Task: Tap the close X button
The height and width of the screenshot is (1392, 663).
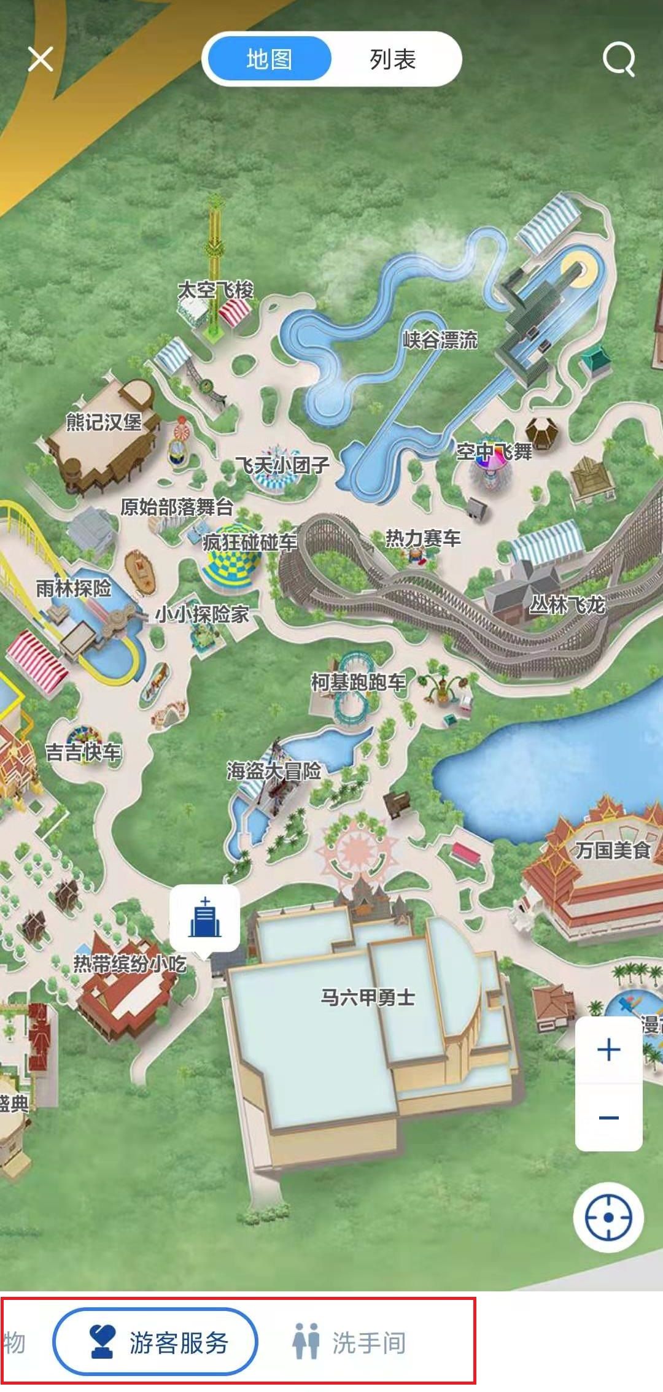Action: point(41,60)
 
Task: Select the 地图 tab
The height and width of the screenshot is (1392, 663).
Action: point(269,60)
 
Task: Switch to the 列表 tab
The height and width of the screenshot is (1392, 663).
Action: point(393,60)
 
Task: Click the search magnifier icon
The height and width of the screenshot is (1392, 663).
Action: point(618,60)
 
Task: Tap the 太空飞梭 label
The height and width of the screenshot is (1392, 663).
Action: point(215,290)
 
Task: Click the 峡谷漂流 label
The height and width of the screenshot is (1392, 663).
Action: point(440,339)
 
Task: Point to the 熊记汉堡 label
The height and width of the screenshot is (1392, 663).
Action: point(104,422)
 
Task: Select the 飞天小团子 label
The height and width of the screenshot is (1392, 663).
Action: point(282,465)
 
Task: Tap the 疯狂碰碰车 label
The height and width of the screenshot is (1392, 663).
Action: point(249,542)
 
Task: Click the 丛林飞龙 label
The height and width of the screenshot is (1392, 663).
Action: point(567,605)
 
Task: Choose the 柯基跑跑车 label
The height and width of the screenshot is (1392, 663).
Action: point(359,682)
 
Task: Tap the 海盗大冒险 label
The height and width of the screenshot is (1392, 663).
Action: point(274,771)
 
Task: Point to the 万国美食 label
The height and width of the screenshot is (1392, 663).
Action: point(613,850)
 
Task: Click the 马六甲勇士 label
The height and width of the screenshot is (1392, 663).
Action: point(368,997)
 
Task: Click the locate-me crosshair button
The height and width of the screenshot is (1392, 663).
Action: point(608,1217)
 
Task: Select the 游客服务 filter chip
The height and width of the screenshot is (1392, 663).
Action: point(155,1343)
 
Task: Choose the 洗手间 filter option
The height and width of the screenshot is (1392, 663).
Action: point(349,1343)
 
